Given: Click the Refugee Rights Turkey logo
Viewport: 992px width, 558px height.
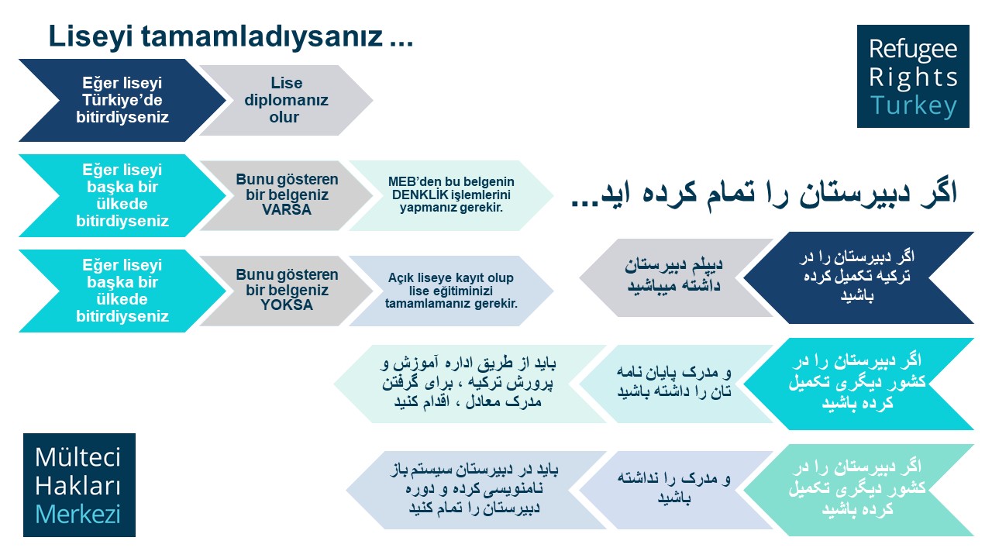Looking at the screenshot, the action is [913, 76].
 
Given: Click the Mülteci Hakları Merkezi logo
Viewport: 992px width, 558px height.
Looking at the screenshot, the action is [79, 485].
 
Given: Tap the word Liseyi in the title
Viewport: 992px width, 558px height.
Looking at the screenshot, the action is [91, 36].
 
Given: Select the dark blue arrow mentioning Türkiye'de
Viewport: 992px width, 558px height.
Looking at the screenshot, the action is [122, 100].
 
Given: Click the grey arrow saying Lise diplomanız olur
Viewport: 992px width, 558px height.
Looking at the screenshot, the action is [286, 100].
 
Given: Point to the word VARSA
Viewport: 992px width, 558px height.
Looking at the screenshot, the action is [287, 209].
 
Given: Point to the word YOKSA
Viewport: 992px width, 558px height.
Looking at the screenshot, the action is [287, 305].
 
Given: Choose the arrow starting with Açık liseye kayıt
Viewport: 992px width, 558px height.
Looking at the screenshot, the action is [451, 291].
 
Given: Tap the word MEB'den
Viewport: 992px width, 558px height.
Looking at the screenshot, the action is [410, 181].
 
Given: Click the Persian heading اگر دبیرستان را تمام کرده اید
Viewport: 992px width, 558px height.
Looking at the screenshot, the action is [764, 194].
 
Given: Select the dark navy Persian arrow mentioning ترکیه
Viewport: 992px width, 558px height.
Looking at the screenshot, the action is [858, 277].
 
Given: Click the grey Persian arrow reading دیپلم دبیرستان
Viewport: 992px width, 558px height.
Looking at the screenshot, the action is [676, 277].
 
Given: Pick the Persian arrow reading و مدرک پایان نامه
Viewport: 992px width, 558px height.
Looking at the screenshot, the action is [676, 384].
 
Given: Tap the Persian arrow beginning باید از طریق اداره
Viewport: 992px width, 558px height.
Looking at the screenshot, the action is [470, 384].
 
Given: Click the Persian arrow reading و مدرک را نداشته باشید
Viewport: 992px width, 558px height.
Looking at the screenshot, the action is [676, 491].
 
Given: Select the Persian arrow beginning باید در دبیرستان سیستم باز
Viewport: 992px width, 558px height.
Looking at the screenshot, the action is [476, 491].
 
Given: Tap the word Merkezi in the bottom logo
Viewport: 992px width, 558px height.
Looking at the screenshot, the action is [77, 514].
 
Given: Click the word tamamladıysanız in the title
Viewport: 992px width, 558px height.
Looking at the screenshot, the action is [262, 36].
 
